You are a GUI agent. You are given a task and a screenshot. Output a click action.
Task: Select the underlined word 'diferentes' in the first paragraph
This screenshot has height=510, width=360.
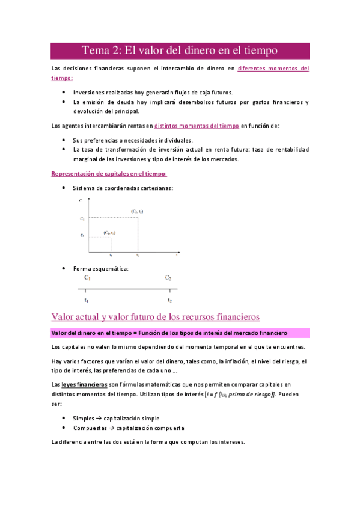pos(254,69)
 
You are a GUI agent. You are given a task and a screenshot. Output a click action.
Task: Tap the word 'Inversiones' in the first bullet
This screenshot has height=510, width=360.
pos(88,93)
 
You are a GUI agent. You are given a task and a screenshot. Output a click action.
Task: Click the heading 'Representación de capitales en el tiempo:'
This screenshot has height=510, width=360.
pos(109,173)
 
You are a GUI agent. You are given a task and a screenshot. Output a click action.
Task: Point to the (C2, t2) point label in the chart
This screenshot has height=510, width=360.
pos(137,211)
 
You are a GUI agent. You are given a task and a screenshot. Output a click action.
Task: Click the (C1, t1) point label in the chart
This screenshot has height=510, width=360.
pos(109,232)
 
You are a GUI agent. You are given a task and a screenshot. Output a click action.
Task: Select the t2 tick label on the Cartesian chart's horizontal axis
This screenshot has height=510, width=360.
pos(138,256)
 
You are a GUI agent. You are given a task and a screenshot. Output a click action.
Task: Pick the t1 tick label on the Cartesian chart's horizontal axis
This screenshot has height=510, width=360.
pos(111,256)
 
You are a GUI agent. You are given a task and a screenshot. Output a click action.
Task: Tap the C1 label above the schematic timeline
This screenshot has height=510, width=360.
pos(88,278)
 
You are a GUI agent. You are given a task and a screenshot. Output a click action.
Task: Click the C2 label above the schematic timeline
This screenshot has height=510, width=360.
pos(168,278)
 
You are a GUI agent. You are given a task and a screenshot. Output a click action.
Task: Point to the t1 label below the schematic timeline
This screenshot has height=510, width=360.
pos(87,300)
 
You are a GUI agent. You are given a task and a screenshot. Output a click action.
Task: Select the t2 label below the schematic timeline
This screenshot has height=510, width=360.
pos(169,300)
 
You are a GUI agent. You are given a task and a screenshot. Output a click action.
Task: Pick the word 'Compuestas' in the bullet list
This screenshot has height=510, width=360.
pos(90,428)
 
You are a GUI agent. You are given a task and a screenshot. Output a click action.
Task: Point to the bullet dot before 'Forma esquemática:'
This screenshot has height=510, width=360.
pos(64,268)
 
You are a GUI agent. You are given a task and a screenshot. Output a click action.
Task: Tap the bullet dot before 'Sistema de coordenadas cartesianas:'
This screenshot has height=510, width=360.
pos(64,188)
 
